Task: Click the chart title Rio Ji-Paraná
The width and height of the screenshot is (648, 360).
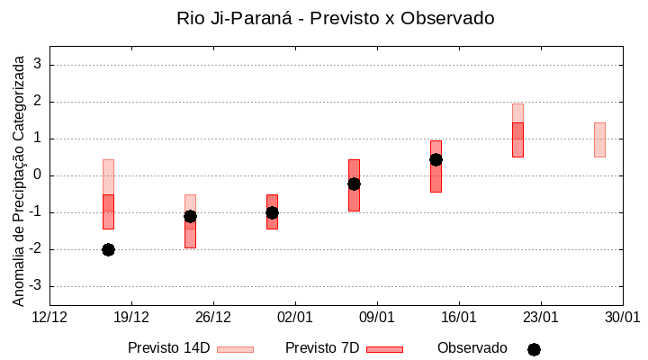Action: pyautogui.click(x=336, y=18)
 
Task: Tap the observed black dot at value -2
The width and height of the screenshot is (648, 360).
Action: pyautogui.click(x=108, y=249)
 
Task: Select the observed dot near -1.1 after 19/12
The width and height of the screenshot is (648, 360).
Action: pyautogui.click(x=190, y=216)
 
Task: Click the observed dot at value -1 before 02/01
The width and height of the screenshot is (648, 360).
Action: pyautogui.click(x=272, y=212)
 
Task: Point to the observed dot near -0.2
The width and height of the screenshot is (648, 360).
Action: pyautogui.click(x=354, y=184)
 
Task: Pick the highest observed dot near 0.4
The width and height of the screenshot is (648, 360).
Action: pyautogui.click(x=436, y=159)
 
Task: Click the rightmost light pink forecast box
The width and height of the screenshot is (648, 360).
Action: pyautogui.click(x=599, y=139)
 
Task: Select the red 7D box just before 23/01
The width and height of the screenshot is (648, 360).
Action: pyautogui.click(x=517, y=139)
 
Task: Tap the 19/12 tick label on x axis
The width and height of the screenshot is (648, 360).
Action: pyautogui.click(x=131, y=318)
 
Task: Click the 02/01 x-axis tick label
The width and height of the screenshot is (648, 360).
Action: pyautogui.click(x=295, y=318)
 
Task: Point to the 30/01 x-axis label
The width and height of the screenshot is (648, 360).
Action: pyautogui.click(x=622, y=318)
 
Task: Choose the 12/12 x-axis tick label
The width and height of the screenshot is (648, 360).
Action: pyautogui.click(x=49, y=318)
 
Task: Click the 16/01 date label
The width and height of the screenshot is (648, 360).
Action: pyautogui.click(x=459, y=318)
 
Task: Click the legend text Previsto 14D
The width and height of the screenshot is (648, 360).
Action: pyautogui.click(x=168, y=348)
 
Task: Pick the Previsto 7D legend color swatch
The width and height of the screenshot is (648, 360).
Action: pyautogui.click(x=384, y=349)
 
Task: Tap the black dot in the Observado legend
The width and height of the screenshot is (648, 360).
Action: pyautogui.click(x=534, y=349)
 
